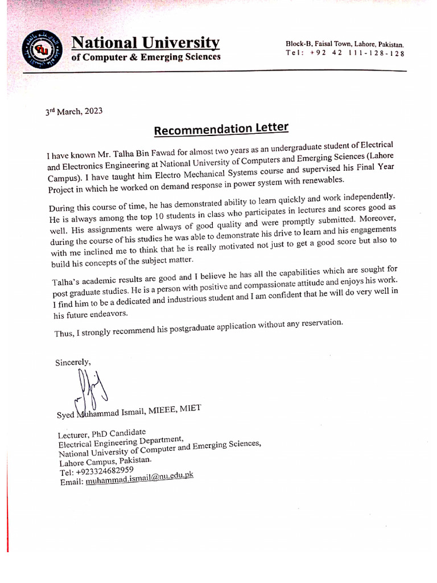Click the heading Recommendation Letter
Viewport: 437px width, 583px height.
tap(221, 129)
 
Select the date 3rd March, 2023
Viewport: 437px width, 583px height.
tap(74, 112)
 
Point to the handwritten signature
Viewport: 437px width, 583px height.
tap(88, 389)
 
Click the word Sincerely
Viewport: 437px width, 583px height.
tap(72, 362)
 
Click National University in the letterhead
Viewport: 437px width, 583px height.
tap(145, 43)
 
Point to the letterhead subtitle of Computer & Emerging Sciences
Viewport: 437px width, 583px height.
tap(146, 57)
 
